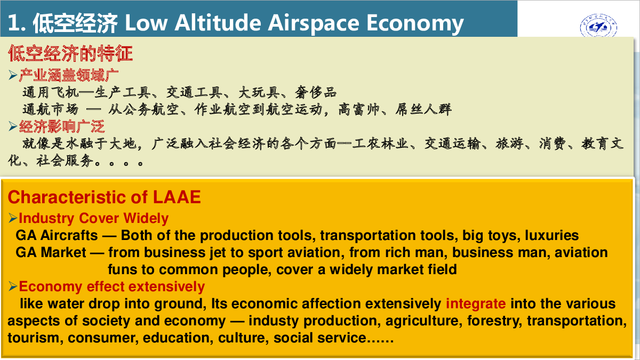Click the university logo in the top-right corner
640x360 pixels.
[598, 26]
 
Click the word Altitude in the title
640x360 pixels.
[218, 23]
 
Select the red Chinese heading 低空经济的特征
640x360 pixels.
[70, 53]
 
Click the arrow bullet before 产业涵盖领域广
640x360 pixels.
[13, 75]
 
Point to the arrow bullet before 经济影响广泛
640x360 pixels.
[13, 126]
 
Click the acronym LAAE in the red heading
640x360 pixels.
[177, 197]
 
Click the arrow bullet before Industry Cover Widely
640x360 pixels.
[13, 218]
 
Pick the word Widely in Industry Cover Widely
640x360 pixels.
[146, 219]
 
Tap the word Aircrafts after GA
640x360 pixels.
[69, 235]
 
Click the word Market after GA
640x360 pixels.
[63, 253]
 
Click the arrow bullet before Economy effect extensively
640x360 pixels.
[13, 286]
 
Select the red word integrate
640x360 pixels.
[476, 303]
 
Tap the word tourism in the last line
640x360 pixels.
[34, 338]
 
